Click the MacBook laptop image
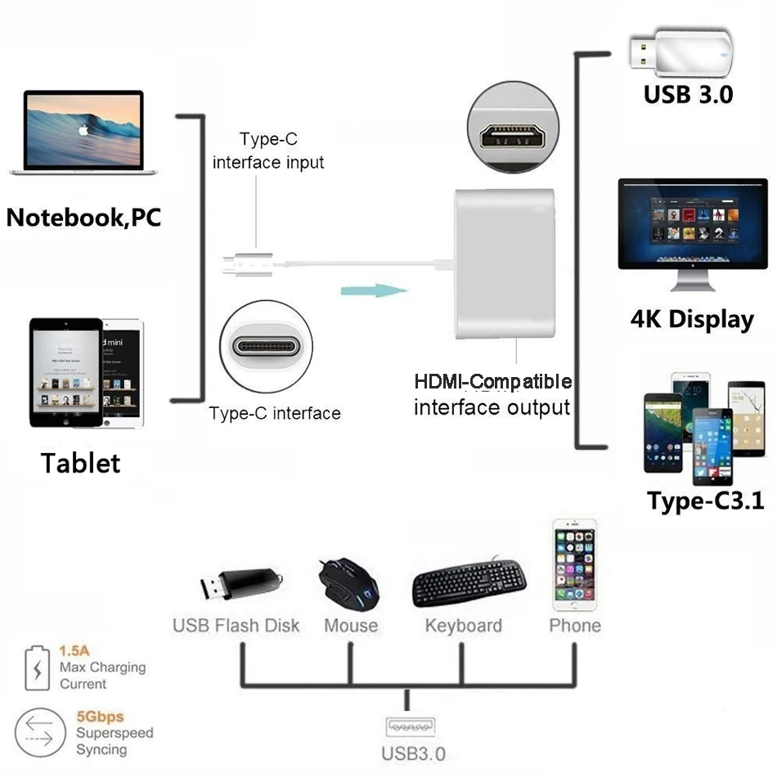[x=83, y=132]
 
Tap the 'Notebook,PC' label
[x=83, y=218]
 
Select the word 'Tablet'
[x=80, y=463]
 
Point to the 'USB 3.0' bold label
[x=688, y=94]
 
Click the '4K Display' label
[x=691, y=319]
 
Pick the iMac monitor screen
[x=692, y=222]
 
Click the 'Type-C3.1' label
[x=705, y=501]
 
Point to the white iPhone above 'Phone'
[x=574, y=564]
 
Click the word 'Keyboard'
[x=463, y=627]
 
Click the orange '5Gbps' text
[x=100, y=717]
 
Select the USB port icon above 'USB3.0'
[x=407, y=727]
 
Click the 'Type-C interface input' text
[x=268, y=151]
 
